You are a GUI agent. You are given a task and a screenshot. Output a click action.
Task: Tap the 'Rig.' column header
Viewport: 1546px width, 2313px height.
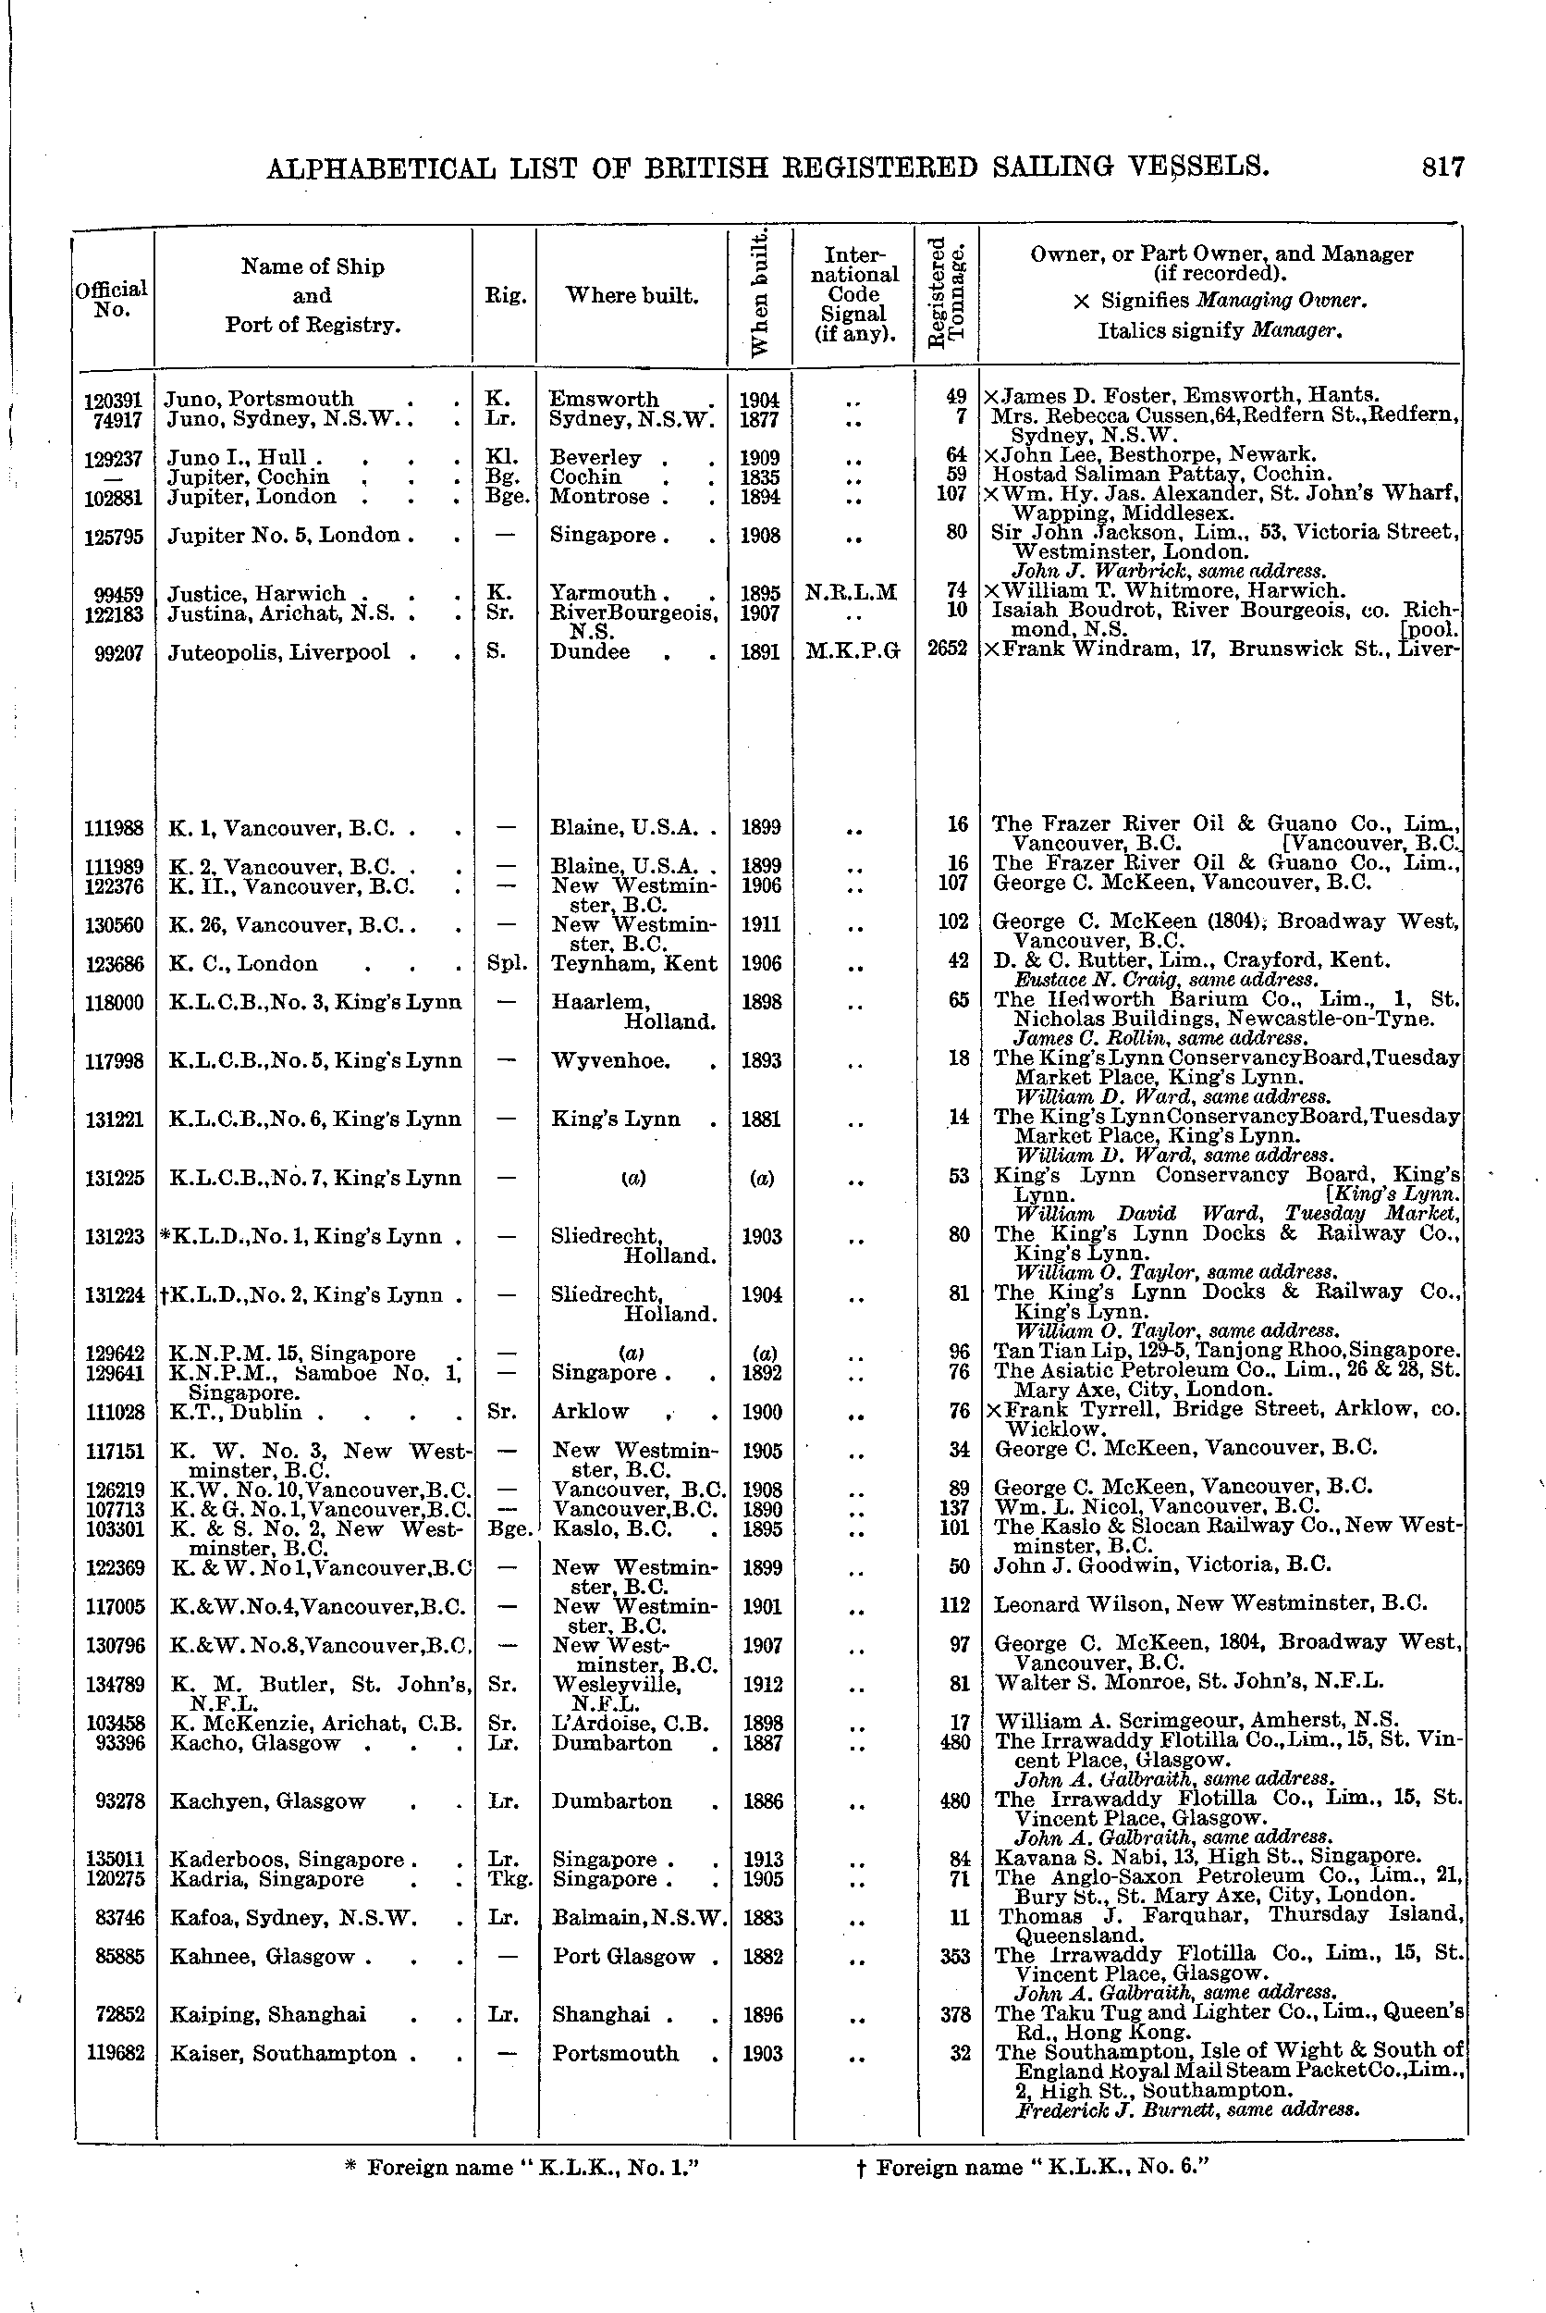tap(504, 295)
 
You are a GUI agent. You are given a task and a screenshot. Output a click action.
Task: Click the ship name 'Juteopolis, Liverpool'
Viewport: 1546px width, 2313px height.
tap(279, 652)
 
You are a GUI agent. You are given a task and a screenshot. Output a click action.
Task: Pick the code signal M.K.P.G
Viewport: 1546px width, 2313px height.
tap(853, 651)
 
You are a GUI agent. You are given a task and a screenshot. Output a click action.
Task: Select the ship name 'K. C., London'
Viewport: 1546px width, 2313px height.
tap(242, 964)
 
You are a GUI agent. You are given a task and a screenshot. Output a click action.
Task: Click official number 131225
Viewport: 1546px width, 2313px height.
tap(115, 1178)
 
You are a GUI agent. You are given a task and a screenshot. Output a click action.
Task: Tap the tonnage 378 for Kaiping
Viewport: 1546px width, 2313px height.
tap(952, 2013)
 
